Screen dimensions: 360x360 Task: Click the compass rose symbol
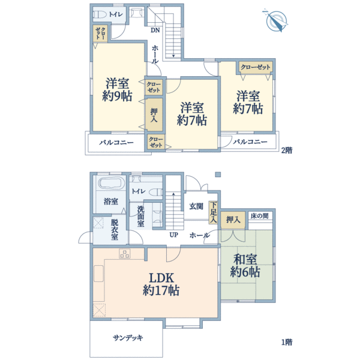[x=275, y=20]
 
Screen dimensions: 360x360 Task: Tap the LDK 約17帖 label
[x=161, y=284]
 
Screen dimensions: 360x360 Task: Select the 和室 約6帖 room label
[x=245, y=266]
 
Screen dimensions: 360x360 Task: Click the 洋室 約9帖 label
[x=117, y=90]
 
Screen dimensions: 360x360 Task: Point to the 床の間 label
[x=259, y=216]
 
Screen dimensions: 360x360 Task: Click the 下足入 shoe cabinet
[x=214, y=212]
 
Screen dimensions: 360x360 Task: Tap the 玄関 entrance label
[x=196, y=206]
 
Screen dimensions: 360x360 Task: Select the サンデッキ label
[x=128, y=338]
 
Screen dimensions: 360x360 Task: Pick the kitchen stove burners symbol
[x=125, y=254]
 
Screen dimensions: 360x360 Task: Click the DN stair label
[x=155, y=30]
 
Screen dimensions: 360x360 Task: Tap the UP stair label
[x=174, y=235]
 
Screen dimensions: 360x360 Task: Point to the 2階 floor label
[x=287, y=151]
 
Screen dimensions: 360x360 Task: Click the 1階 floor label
[x=287, y=343]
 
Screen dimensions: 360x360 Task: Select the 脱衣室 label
[x=115, y=229]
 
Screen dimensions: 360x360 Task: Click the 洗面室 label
[x=141, y=216]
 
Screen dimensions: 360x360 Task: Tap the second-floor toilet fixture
[x=100, y=14]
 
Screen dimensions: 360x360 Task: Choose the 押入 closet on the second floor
[x=154, y=115]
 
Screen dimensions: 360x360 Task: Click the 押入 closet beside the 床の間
[x=233, y=220]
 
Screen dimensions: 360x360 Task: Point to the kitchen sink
[x=98, y=273]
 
